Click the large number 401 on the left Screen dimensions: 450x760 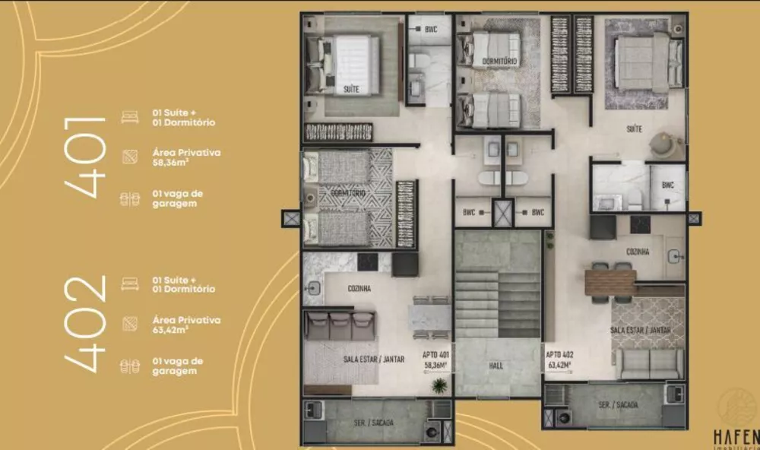[86, 157]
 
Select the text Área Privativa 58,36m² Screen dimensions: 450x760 [186, 157]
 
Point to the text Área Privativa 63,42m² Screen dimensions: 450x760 [186, 325]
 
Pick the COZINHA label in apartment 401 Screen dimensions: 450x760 [359, 289]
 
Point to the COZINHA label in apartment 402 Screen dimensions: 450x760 [638, 252]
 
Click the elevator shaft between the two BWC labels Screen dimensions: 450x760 [503, 213]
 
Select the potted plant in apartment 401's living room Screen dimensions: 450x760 [439, 385]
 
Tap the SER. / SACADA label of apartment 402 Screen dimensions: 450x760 [617, 405]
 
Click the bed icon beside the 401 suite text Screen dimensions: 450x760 [130, 117]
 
